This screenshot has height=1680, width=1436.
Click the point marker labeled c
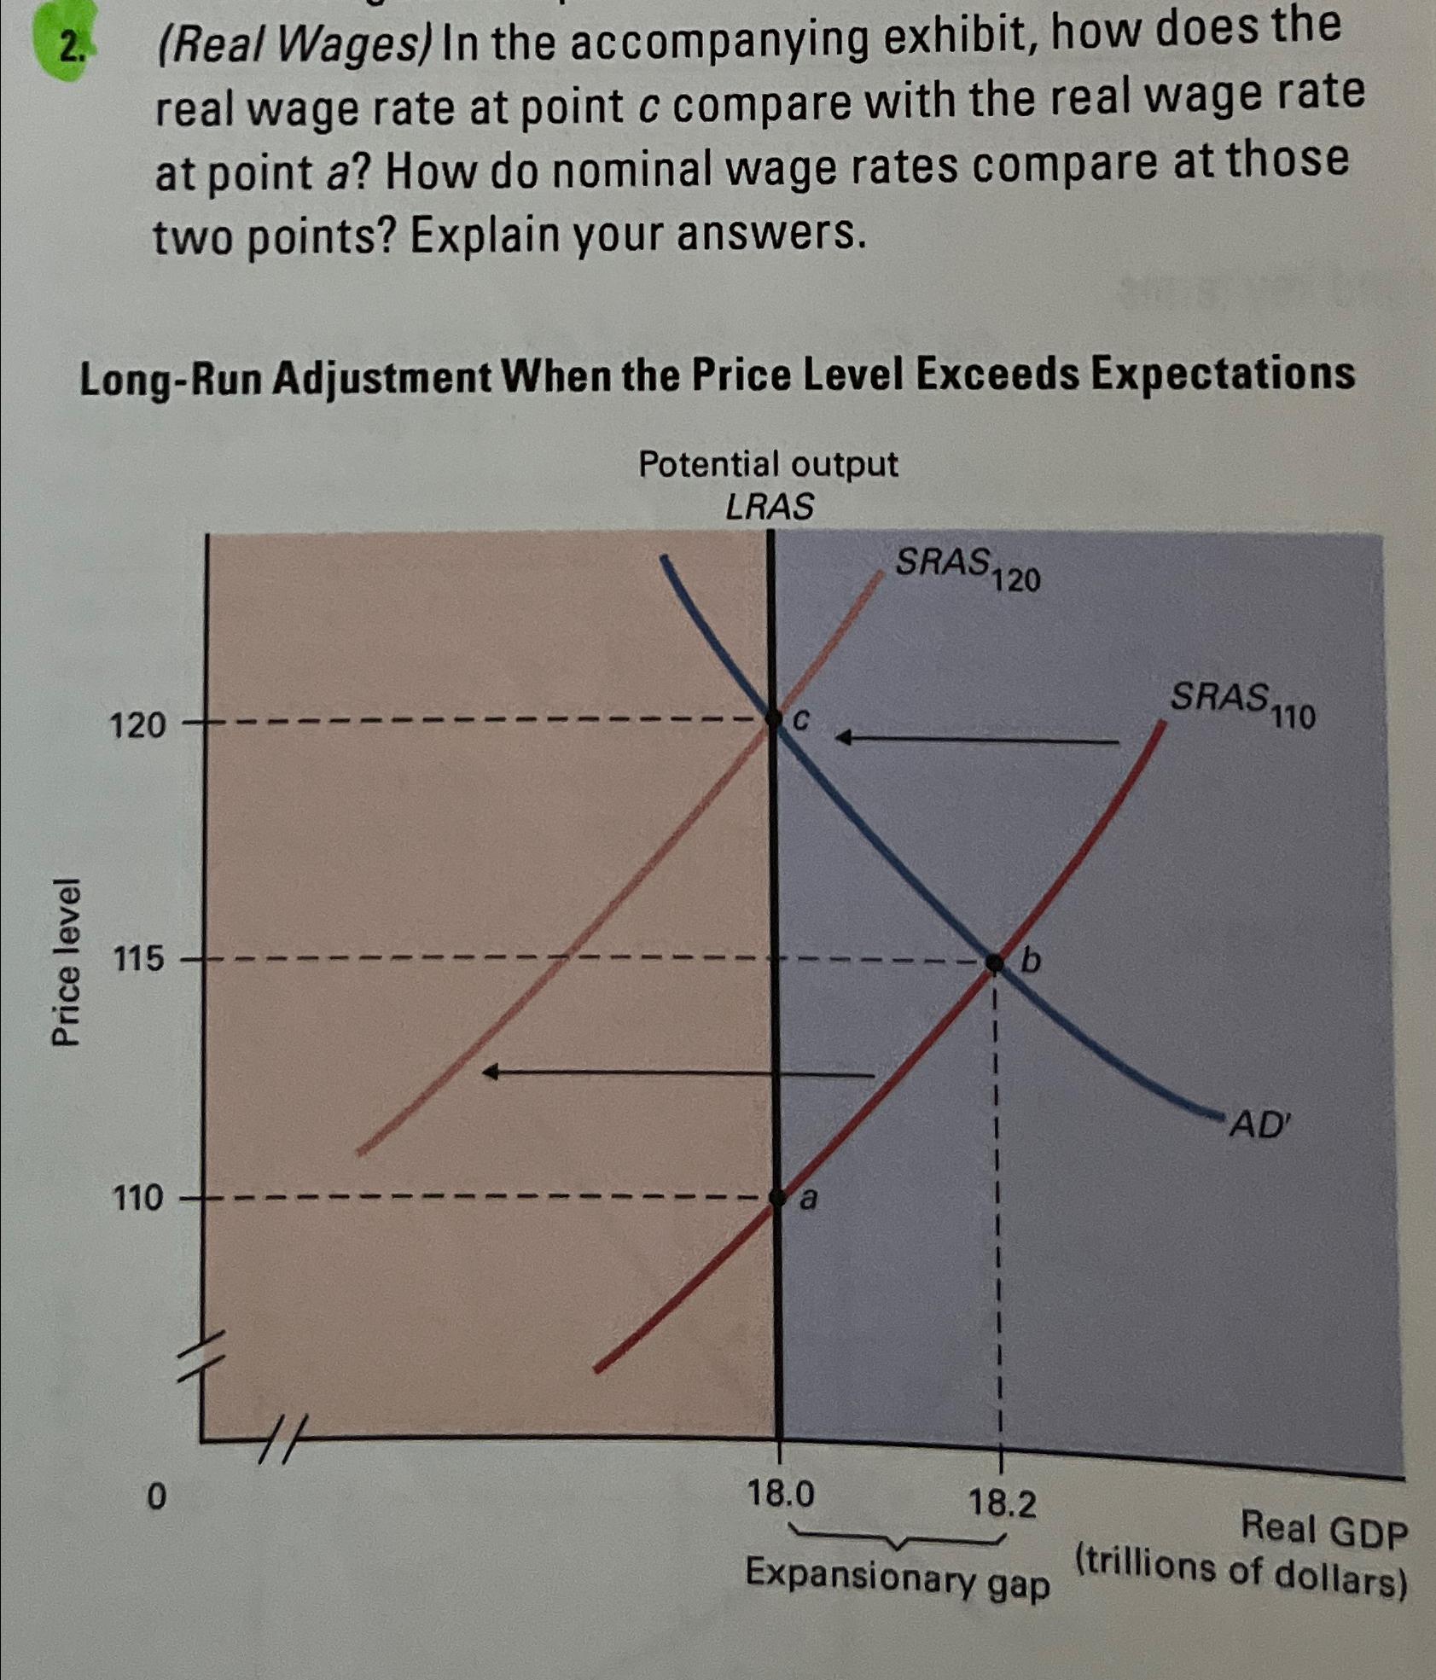[x=775, y=718]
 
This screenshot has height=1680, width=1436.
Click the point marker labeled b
[x=994, y=962]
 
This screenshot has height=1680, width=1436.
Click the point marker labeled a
[x=777, y=1197]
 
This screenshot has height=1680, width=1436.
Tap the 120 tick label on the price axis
[x=137, y=726]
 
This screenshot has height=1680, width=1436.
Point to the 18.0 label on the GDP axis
[x=780, y=1494]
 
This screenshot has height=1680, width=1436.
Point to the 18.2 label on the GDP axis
[x=1002, y=1503]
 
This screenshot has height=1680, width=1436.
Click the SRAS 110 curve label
[x=1241, y=704]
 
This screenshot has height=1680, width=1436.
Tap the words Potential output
[x=768, y=465]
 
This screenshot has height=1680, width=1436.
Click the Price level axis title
[x=67, y=961]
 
